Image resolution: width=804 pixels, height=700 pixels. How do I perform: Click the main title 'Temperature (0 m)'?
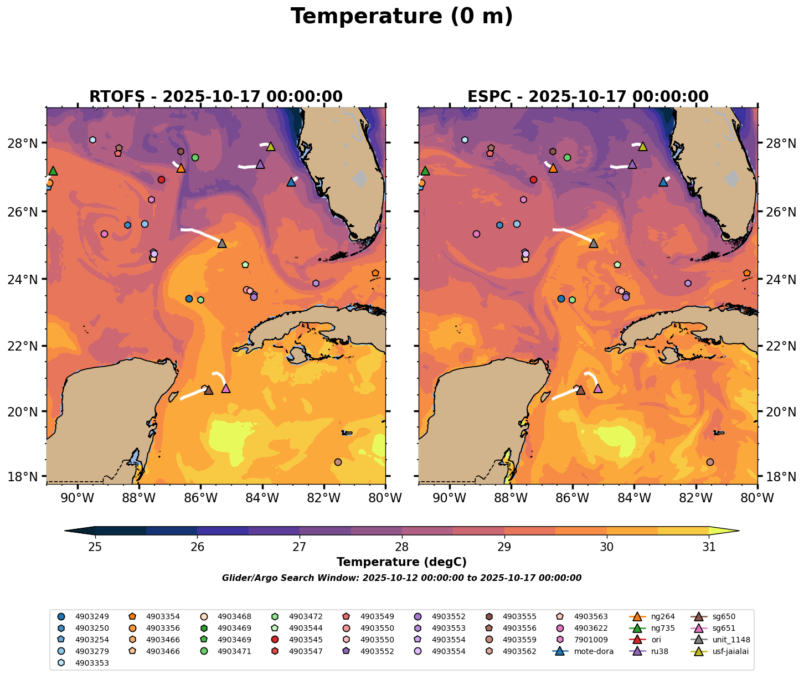click(x=401, y=17)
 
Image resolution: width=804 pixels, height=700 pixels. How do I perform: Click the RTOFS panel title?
click(x=215, y=96)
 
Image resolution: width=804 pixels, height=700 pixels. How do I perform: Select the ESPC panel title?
click(x=587, y=96)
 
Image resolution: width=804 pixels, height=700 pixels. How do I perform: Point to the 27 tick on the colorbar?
click(x=300, y=547)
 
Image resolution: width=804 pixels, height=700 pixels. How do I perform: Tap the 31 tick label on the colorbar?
click(x=709, y=547)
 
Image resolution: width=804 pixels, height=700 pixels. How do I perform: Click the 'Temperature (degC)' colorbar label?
click(x=401, y=562)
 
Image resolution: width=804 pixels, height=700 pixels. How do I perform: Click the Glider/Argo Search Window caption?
click(x=401, y=578)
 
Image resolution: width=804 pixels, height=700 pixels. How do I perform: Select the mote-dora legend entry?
click(x=593, y=651)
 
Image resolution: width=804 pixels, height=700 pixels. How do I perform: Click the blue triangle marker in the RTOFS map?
click(x=291, y=182)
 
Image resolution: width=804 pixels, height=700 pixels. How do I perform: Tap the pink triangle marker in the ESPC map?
click(x=597, y=389)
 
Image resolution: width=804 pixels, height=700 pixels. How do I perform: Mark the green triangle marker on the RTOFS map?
click(x=53, y=171)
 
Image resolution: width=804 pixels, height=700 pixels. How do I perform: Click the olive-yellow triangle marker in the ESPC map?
click(x=642, y=147)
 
